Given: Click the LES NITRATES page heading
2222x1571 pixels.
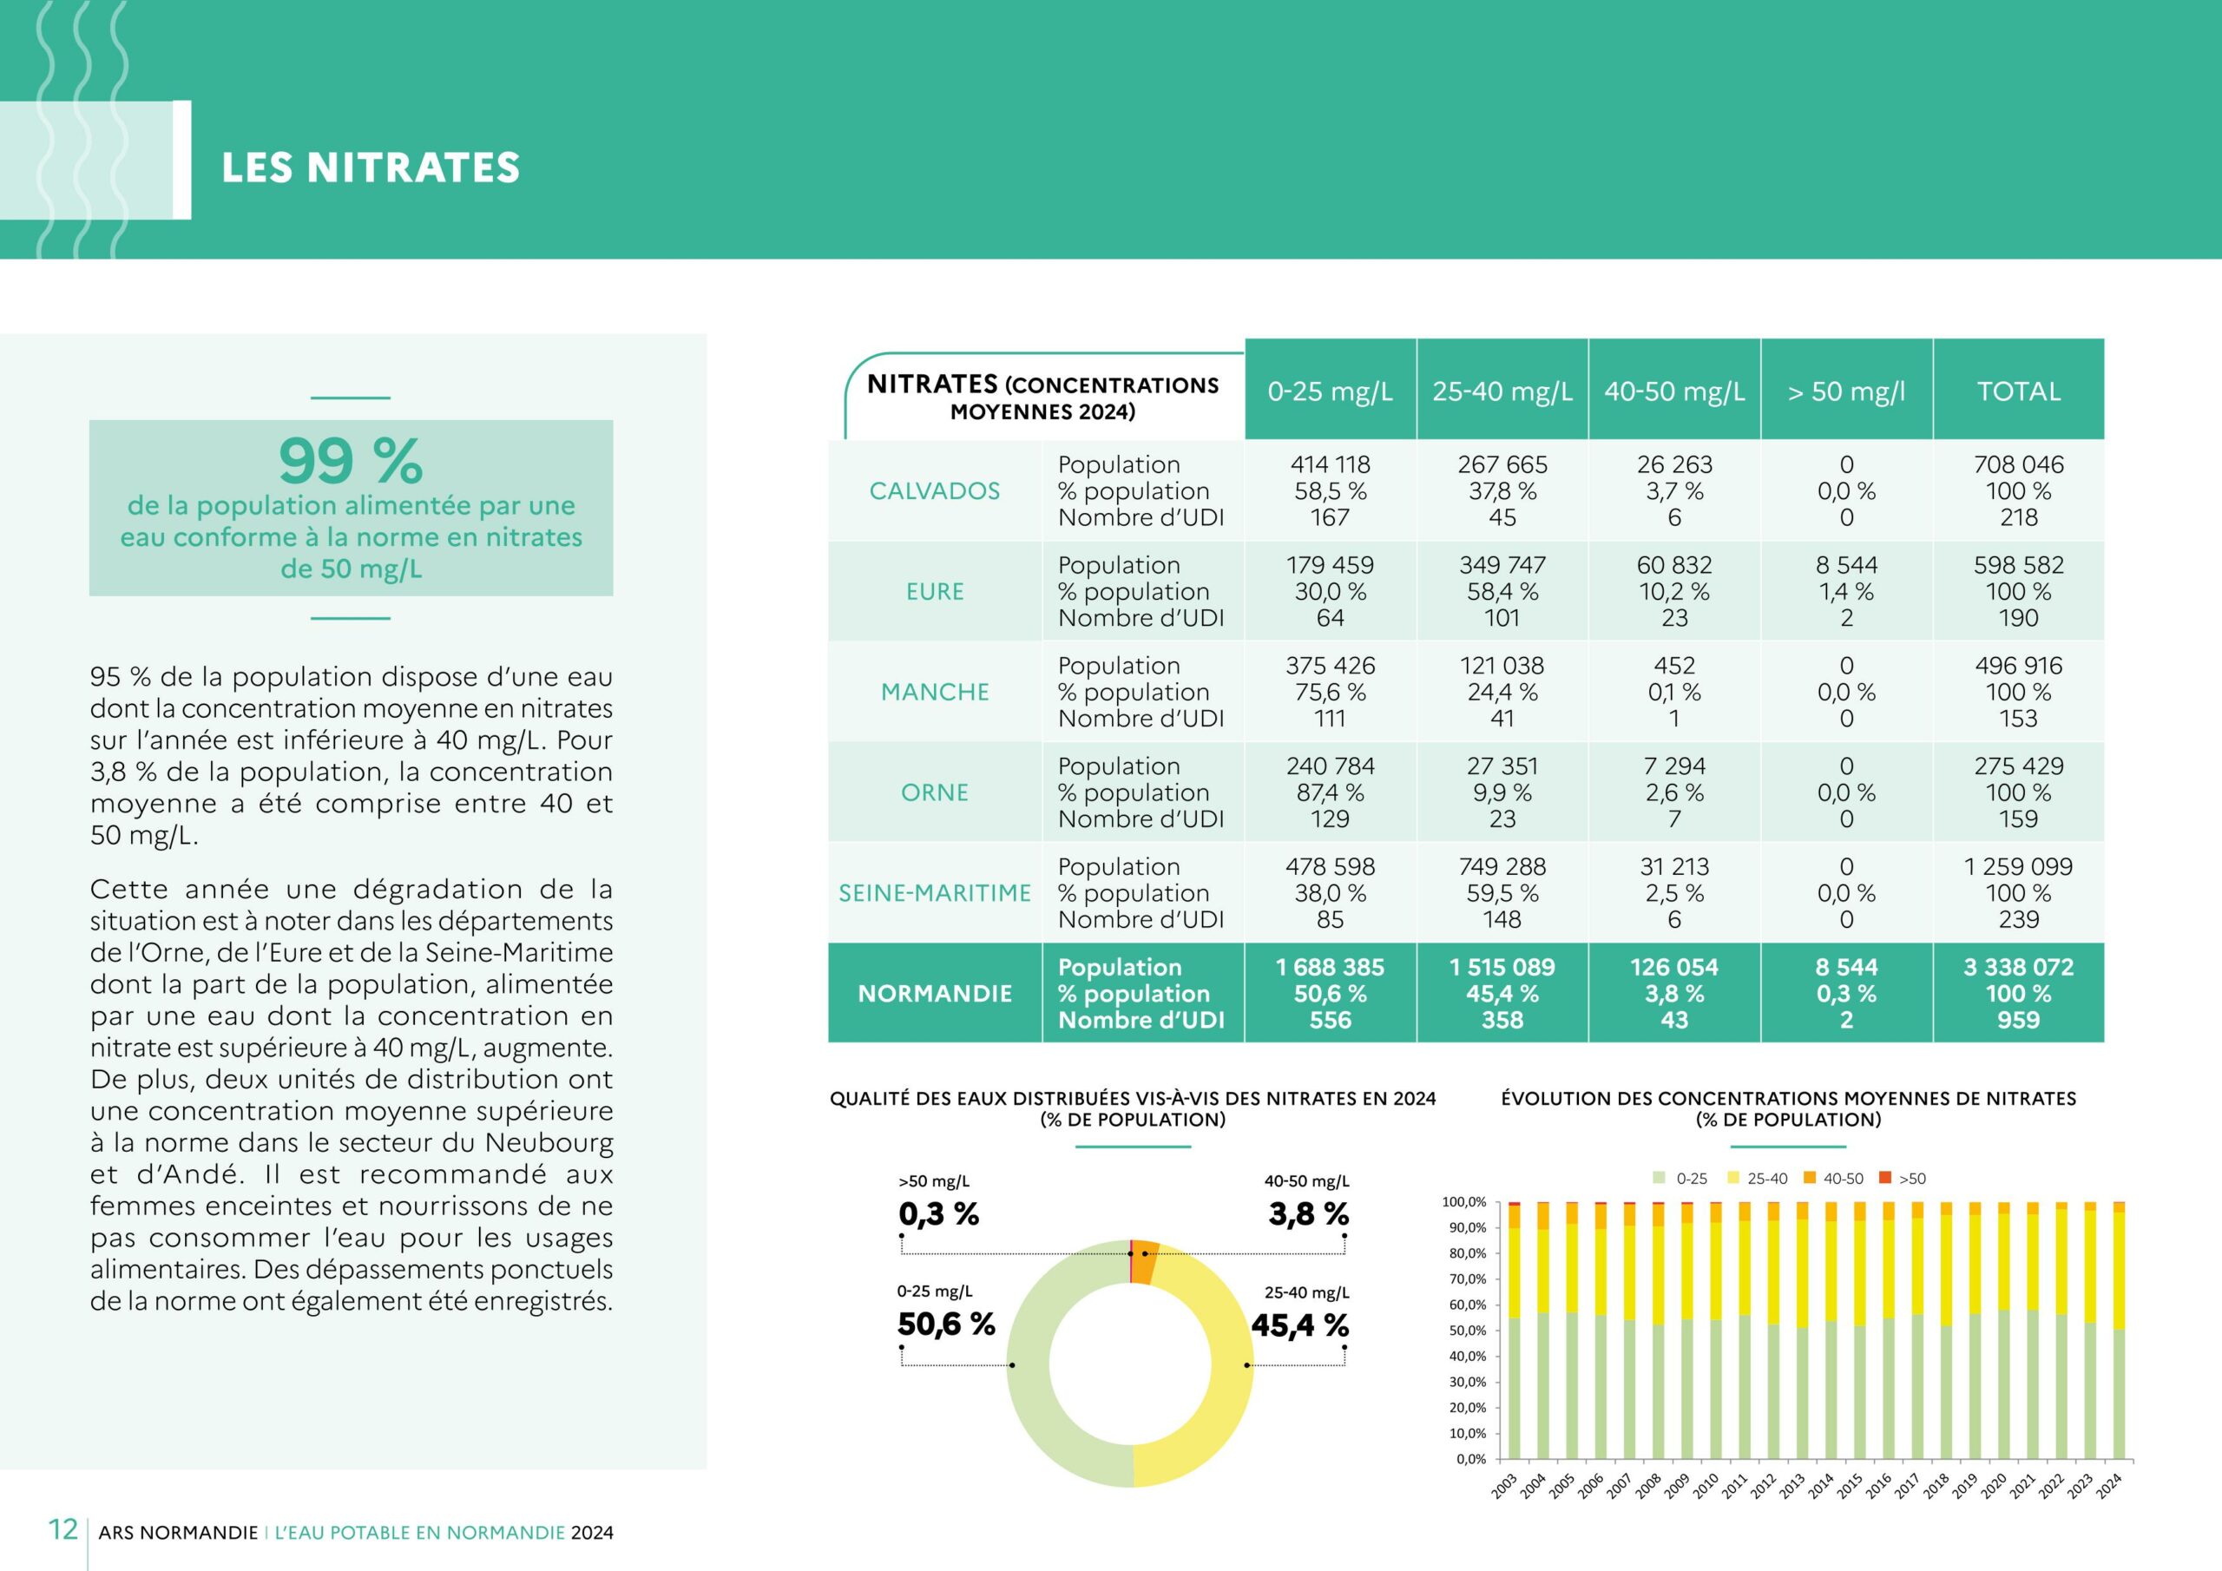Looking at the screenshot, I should pos(371,168).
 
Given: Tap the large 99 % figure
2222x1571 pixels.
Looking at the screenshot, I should pos(351,461).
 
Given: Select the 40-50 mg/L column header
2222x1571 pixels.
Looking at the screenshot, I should pos(1674,391).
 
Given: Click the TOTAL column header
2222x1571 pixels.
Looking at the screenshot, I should pos(2018,391).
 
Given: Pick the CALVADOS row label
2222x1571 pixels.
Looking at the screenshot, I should pos(934,490).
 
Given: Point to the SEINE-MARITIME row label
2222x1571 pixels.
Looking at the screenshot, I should pos(934,892).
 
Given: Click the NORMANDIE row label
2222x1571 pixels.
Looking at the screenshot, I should pos(934,993).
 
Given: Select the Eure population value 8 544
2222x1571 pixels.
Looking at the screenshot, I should pos(1845,565).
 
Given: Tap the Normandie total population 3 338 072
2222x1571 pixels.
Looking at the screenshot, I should pos(2018,967).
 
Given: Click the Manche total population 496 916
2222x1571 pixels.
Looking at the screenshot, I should pos(2018,666).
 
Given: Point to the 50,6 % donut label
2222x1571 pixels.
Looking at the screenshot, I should pos(945,1325).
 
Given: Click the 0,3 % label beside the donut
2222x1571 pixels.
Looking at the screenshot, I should pos(937,1213).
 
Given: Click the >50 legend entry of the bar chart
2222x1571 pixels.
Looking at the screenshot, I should pos(1903,1178).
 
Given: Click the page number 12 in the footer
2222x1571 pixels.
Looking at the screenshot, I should pos(62,1529).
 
